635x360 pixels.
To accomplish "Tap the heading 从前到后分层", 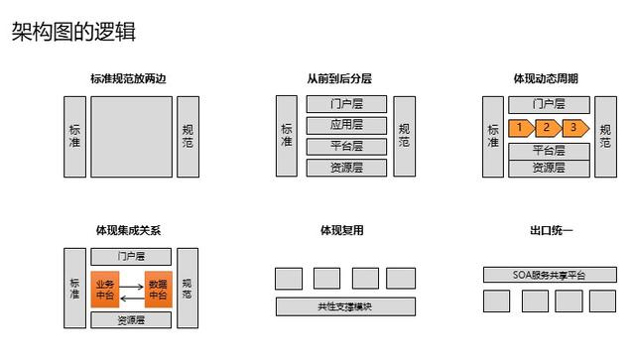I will click(x=340, y=78).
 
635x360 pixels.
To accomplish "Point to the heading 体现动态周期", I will click(x=546, y=78).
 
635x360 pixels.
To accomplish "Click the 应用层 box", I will click(x=346, y=125).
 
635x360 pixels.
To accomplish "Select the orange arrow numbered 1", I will click(x=520, y=128).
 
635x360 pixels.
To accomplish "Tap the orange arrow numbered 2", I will click(x=547, y=128).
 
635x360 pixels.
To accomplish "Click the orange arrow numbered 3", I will click(x=573, y=128).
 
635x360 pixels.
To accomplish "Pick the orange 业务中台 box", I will click(x=105, y=288).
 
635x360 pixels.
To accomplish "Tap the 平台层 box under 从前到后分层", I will click(x=346, y=146).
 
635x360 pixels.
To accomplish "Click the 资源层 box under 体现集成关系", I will click(x=132, y=320).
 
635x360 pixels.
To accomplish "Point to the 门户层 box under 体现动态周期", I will click(x=549, y=104).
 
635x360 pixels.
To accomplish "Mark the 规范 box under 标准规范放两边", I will click(x=188, y=136).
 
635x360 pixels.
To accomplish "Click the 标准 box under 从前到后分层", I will click(x=287, y=136).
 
